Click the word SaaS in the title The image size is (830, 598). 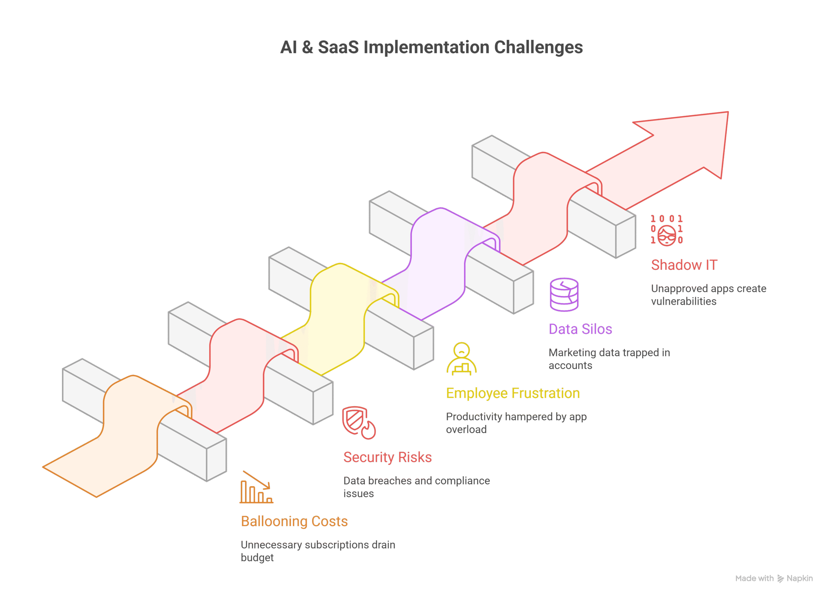pyautogui.click(x=338, y=47)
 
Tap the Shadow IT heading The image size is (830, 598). pyautogui.click(x=684, y=265)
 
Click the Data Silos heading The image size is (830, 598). pyautogui.click(x=580, y=329)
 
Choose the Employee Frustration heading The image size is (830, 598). pyautogui.click(x=513, y=393)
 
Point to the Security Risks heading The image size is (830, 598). pyautogui.click(x=387, y=457)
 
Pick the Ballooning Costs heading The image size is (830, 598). pyautogui.click(x=294, y=521)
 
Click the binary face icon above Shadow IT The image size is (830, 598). pyautogui.click(x=666, y=230)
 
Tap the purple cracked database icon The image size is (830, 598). pyautogui.click(x=564, y=294)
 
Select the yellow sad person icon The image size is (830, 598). pyautogui.click(x=461, y=359)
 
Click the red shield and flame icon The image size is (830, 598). pyautogui.click(x=359, y=422)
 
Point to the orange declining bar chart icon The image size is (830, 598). pyautogui.click(x=256, y=487)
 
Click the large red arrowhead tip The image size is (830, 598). pyautogui.click(x=728, y=112)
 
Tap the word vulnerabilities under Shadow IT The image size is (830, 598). pyautogui.click(x=684, y=301)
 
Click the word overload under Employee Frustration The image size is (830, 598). pyautogui.click(x=466, y=430)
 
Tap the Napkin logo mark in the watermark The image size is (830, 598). pyautogui.click(x=780, y=579)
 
